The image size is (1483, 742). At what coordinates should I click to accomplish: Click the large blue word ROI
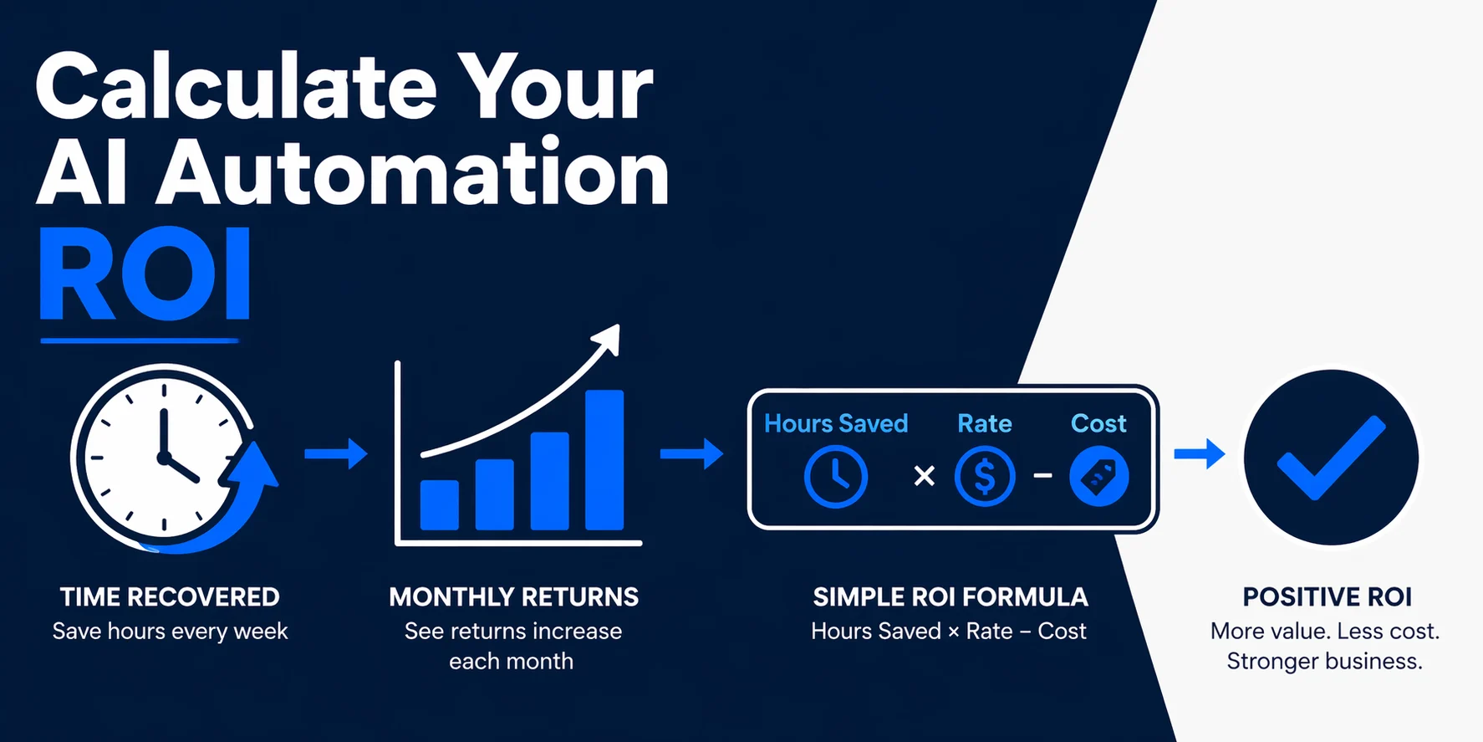pos(145,274)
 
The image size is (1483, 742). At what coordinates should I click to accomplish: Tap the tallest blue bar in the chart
pos(604,459)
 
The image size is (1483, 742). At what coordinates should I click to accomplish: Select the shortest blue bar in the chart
pos(439,504)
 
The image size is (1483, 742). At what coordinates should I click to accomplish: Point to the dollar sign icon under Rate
pos(985,477)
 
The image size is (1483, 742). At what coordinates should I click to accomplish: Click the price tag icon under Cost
pos(1098,477)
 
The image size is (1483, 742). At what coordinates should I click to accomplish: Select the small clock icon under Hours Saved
pos(835,477)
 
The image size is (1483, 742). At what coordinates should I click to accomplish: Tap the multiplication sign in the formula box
pos(924,476)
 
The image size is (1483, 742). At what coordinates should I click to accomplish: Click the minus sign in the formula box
pos(1042,476)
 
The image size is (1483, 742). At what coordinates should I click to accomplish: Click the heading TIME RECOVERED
pos(170,596)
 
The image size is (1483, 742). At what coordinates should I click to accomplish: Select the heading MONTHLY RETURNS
pos(513,596)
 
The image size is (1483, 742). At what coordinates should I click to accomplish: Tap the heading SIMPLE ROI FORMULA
pos(950,596)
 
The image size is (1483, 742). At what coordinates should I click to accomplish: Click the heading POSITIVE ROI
pos(1327,596)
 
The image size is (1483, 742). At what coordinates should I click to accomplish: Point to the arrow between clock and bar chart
pos(335,453)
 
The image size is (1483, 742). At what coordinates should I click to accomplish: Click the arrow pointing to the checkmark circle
pos(1199,454)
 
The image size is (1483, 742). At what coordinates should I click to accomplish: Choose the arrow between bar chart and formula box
pos(691,453)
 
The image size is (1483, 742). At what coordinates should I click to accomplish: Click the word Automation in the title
pos(413,173)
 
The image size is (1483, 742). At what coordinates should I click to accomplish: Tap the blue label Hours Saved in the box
pos(836,423)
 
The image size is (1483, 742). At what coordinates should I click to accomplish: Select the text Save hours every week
pos(170,631)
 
